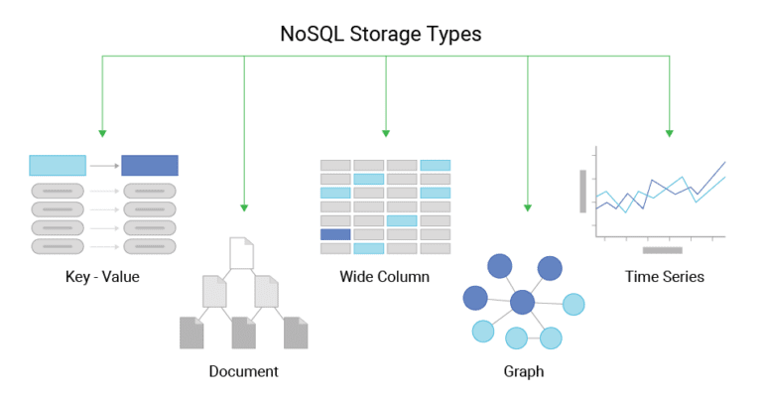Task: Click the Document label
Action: [243, 371]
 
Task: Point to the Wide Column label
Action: [384, 276]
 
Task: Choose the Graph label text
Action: [523, 371]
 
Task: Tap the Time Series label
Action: [664, 276]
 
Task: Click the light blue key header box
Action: [58, 165]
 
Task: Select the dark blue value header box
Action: [149, 165]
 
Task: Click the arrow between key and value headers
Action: [103, 165]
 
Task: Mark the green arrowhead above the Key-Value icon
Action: [102, 133]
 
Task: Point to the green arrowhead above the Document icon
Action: [244, 207]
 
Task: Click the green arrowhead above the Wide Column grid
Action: [386, 133]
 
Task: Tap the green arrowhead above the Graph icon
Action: [527, 207]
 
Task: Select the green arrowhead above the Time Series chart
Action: [670, 133]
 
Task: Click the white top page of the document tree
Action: [242, 252]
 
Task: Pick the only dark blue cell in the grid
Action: [335, 234]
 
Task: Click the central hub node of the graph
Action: [522, 302]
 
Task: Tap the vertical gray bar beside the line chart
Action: [583, 192]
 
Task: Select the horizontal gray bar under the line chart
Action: [662, 250]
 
